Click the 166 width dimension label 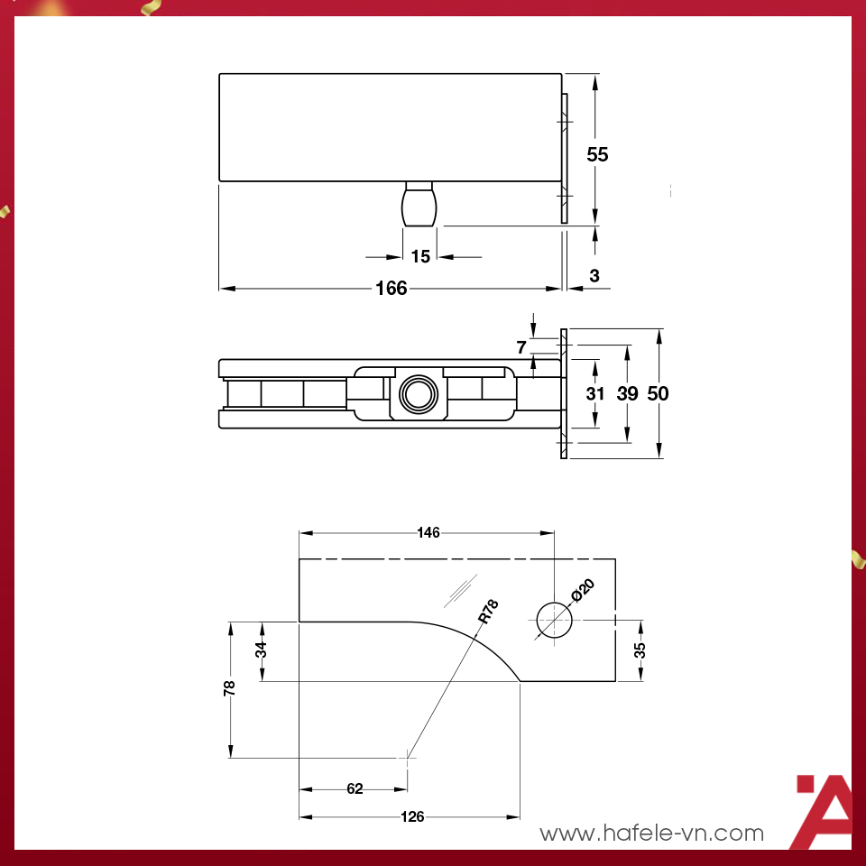(392, 289)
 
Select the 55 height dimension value (597, 154)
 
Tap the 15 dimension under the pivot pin (420, 257)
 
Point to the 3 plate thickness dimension (594, 276)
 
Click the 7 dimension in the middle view (521, 347)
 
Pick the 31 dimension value (594, 393)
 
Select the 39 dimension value (627, 393)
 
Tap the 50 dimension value (659, 393)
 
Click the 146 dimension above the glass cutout (428, 532)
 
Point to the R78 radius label (487, 613)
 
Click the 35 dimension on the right (640, 649)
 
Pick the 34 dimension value (262, 649)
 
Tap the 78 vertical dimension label (230, 688)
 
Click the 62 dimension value (355, 789)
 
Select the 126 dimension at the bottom (411, 817)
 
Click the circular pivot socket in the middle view (418, 395)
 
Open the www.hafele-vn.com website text (651, 834)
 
